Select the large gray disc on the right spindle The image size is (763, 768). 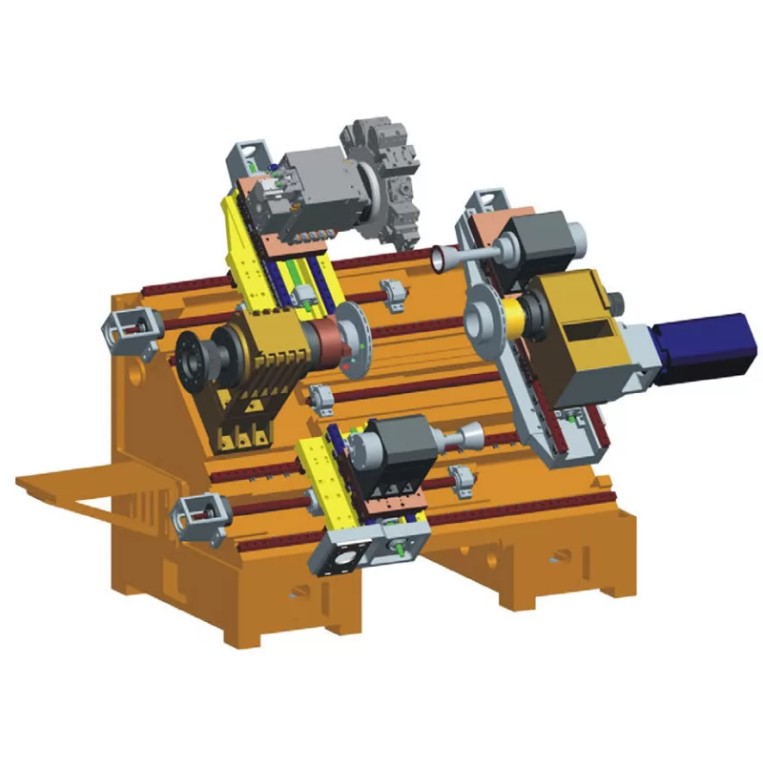[x=487, y=319]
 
